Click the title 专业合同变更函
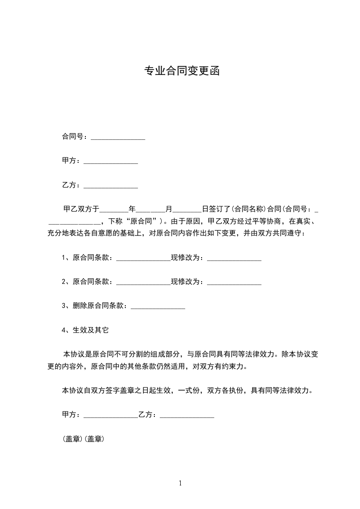tap(182, 71)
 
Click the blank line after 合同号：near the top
tap(118, 137)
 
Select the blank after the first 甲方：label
tap(111, 162)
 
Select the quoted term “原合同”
tap(140, 222)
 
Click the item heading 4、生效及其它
tap(85, 330)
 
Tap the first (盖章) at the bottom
tap(72, 439)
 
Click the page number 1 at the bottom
tap(180, 484)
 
